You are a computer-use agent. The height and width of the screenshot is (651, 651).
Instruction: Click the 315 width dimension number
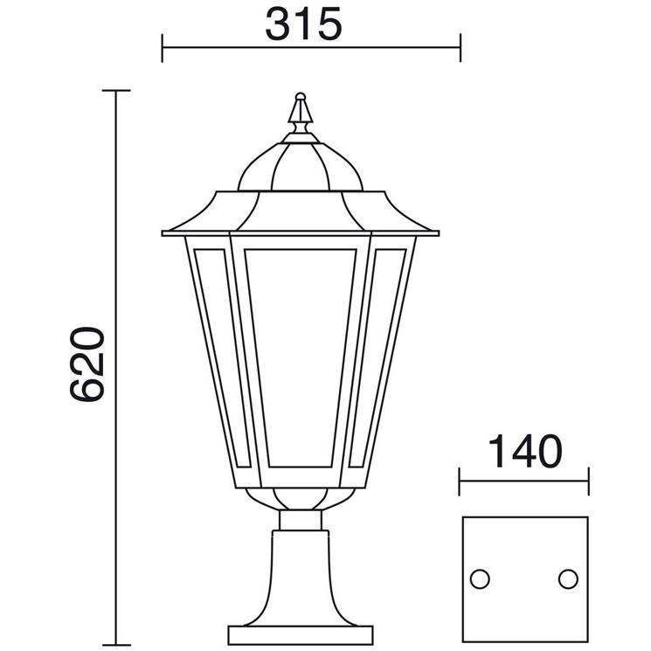click(303, 24)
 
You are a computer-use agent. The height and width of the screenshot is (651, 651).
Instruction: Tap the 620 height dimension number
click(87, 364)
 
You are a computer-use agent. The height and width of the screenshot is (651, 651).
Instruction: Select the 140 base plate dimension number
click(525, 451)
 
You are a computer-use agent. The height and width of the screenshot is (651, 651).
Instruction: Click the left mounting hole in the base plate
click(480, 578)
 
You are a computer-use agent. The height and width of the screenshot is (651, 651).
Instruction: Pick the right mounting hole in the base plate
click(568, 578)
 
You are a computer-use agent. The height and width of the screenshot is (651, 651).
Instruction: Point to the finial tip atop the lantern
click(301, 95)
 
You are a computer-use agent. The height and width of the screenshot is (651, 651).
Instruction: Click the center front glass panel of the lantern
click(301, 358)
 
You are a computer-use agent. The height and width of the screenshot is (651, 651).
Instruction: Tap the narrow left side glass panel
click(222, 358)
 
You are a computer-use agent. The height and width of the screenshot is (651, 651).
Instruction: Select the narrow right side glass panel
click(377, 358)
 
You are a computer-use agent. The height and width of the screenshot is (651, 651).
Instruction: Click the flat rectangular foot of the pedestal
click(301, 634)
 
